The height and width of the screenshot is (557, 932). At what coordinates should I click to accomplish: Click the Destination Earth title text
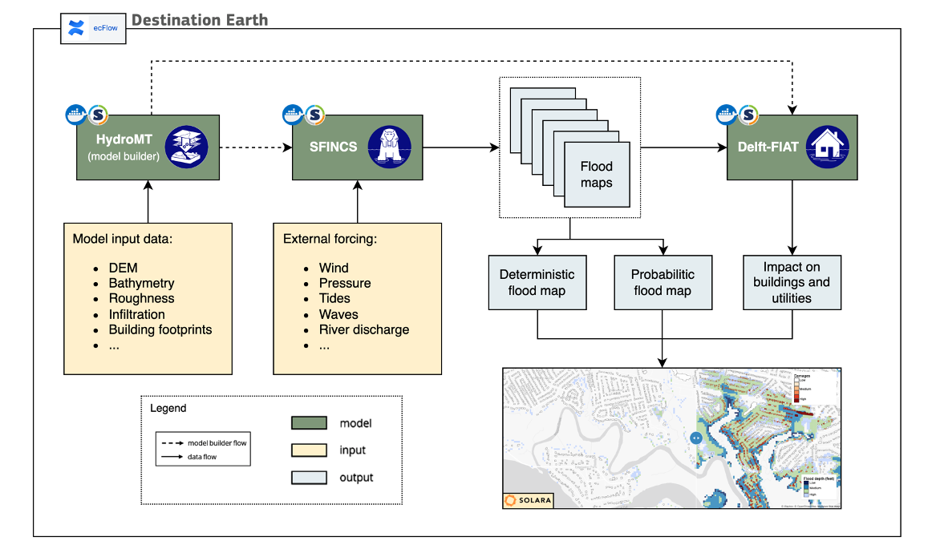tap(200, 20)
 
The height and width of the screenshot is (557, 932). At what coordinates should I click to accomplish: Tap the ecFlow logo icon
tap(76, 30)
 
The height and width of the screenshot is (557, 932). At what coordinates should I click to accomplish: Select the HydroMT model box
tap(148, 147)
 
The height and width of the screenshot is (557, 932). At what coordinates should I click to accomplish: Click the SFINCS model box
tap(357, 147)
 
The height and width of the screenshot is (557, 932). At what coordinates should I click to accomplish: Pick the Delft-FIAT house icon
tap(826, 147)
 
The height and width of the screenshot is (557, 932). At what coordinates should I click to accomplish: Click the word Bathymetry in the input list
tap(141, 283)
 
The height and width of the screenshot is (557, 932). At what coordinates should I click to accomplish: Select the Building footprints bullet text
tap(160, 329)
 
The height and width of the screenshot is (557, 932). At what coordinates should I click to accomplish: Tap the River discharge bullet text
tap(364, 329)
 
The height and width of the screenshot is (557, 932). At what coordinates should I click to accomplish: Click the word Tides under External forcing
tap(335, 298)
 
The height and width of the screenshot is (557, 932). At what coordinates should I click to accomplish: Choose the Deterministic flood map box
tap(537, 282)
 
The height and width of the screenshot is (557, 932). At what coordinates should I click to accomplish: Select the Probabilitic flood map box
tap(663, 282)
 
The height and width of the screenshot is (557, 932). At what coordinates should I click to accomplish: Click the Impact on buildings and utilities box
tap(792, 282)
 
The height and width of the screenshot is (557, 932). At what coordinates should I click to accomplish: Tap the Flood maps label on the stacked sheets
tap(596, 175)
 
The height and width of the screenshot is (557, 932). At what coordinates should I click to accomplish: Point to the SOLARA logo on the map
tap(529, 500)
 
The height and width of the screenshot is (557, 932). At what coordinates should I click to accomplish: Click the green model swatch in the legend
tap(308, 423)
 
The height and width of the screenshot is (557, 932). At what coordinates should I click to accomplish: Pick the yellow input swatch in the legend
tap(308, 450)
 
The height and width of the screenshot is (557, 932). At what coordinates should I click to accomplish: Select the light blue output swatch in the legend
tap(308, 477)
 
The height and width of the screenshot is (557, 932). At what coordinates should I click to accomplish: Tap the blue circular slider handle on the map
tap(695, 438)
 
